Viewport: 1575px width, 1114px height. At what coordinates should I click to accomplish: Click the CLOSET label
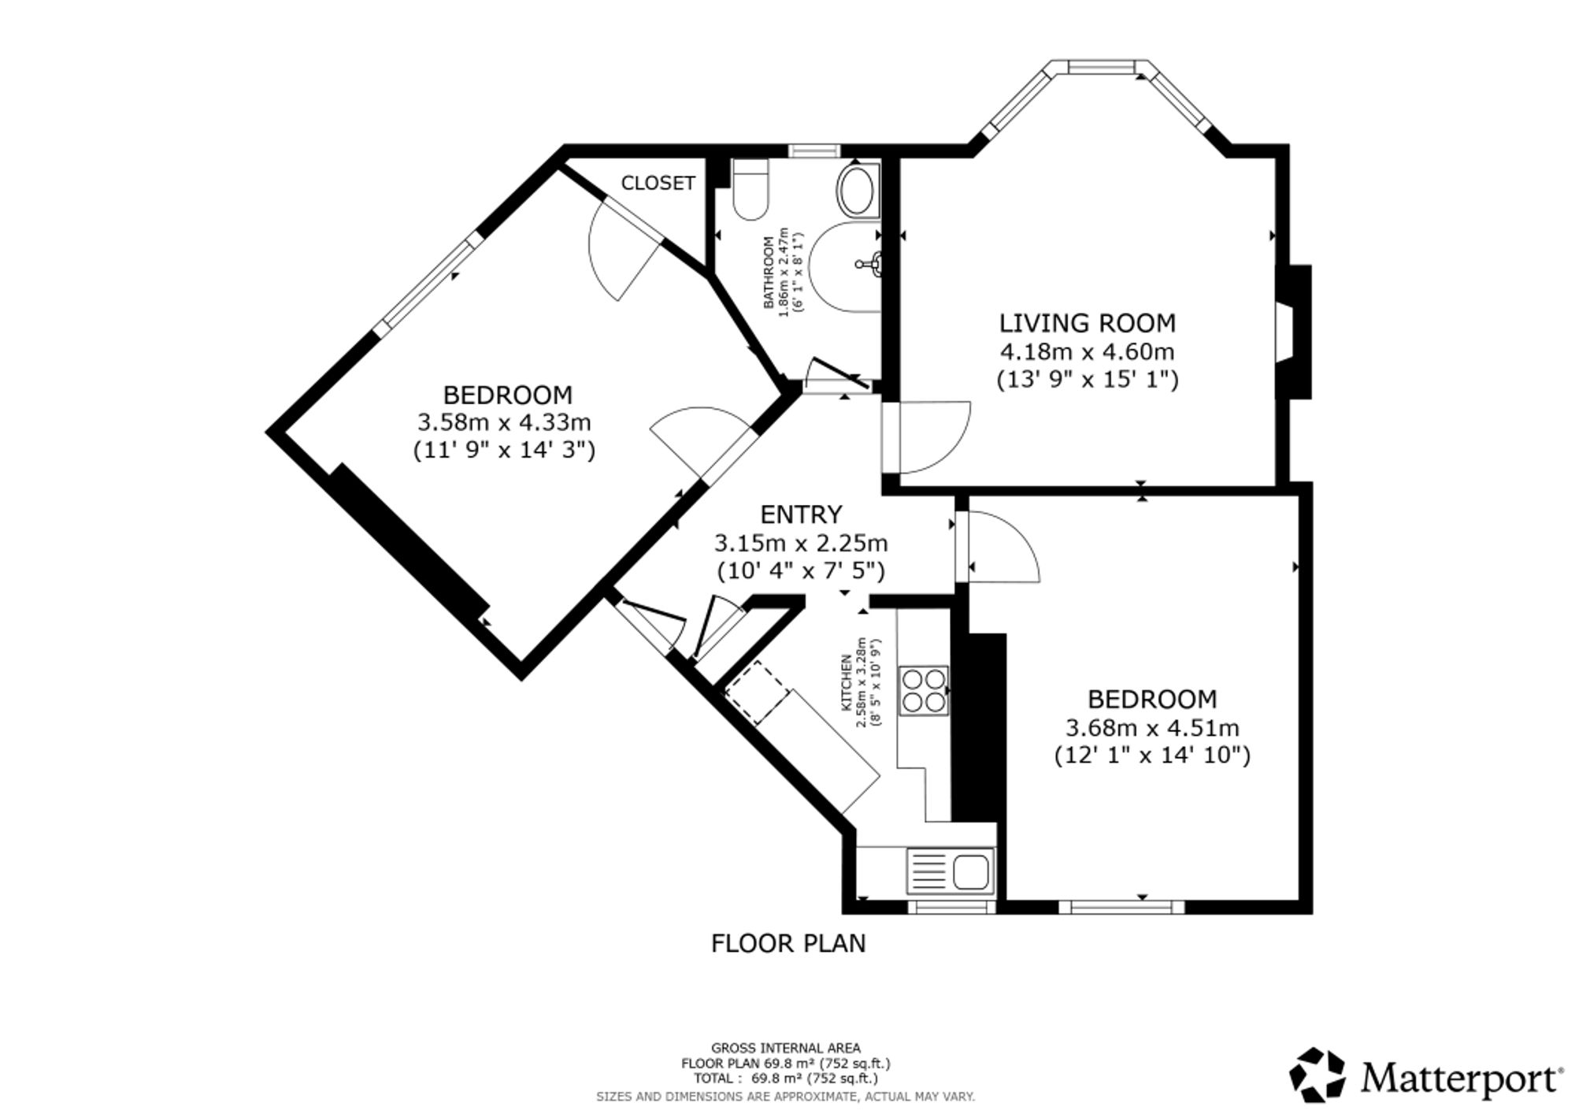(x=658, y=183)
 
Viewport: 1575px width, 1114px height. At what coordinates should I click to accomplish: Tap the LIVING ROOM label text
(x=1088, y=323)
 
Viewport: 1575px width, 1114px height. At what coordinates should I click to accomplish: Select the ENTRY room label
(x=801, y=514)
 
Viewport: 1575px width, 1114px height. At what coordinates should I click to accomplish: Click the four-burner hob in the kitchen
(x=925, y=690)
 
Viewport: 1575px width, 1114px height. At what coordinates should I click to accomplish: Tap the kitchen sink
(x=951, y=871)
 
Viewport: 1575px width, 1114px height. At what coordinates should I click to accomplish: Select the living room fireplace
(x=1293, y=332)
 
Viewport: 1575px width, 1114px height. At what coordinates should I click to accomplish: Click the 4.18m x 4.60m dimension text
(x=1088, y=351)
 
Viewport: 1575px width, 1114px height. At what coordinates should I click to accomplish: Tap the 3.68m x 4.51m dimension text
(x=1152, y=727)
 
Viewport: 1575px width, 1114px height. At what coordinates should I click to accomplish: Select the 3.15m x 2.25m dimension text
(x=801, y=543)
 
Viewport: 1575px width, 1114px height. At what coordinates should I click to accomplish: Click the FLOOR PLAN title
(x=788, y=943)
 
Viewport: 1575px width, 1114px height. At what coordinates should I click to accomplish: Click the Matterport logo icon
(x=1317, y=1074)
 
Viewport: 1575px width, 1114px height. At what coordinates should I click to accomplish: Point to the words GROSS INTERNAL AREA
(x=786, y=1048)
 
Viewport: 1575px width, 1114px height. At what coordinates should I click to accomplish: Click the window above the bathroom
(x=815, y=150)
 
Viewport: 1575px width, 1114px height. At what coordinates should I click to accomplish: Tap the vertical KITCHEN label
(x=847, y=682)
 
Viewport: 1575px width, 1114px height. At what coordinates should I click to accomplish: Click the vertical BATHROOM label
(x=768, y=273)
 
